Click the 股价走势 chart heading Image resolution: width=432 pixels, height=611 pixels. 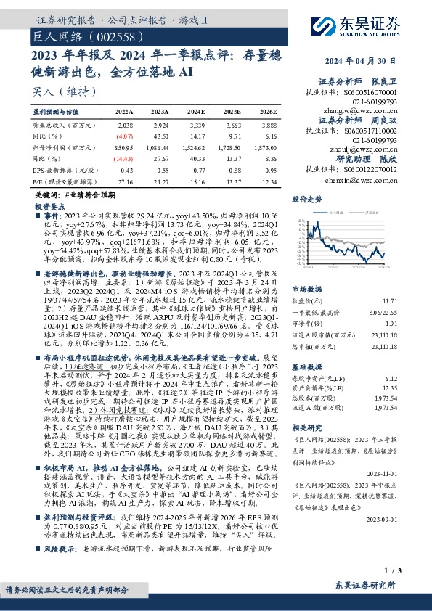[x=307, y=198]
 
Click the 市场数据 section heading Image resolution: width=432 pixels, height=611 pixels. [x=307, y=288]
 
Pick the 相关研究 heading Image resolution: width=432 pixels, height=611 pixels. [x=307, y=427]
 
